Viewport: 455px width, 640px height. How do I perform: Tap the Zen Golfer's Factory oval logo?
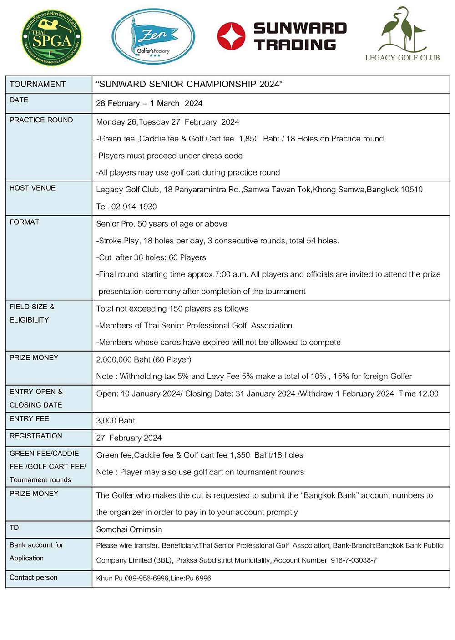click(153, 36)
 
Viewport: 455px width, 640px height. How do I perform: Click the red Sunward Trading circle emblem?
click(231, 36)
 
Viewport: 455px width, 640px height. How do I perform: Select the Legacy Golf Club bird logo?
click(402, 34)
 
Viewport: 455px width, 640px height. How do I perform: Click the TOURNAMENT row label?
click(38, 84)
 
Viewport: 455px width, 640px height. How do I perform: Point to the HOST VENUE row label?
click(32, 188)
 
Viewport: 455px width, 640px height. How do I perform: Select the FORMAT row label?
click(25, 222)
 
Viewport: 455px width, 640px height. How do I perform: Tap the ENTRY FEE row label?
click(29, 418)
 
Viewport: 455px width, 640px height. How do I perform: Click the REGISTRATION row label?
click(36, 436)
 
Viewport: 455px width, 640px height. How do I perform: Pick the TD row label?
click(15, 528)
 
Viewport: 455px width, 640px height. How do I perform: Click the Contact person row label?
click(34, 577)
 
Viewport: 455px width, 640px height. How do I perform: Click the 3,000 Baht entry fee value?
click(116, 421)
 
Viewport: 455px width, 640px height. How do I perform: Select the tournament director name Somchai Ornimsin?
click(129, 529)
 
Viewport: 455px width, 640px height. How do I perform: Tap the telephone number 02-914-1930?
click(134, 207)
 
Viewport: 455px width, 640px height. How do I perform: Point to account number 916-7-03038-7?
click(354, 560)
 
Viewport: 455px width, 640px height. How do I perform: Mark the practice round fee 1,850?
click(248, 139)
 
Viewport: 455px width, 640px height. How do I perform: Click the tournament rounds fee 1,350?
click(240, 455)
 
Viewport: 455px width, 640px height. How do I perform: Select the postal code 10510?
click(411, 190)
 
